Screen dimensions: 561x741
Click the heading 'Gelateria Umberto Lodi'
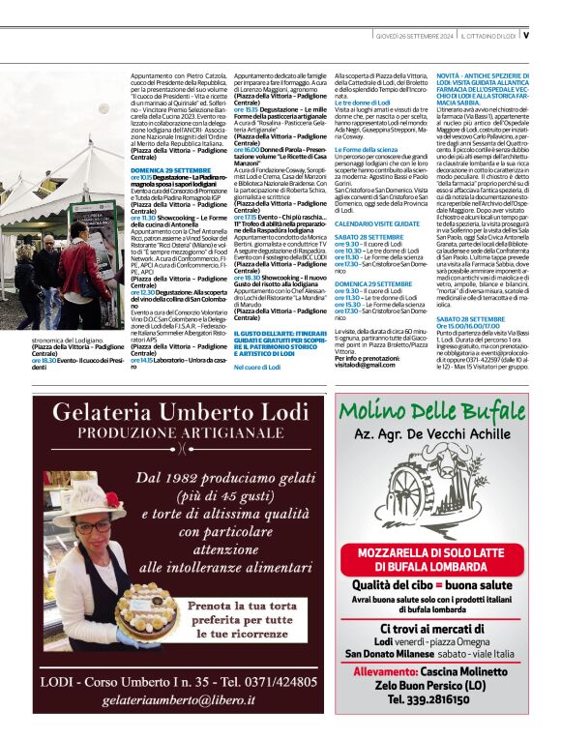click(x=184, y=413)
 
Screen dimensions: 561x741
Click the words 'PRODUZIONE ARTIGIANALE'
click(x=184, y=434)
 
